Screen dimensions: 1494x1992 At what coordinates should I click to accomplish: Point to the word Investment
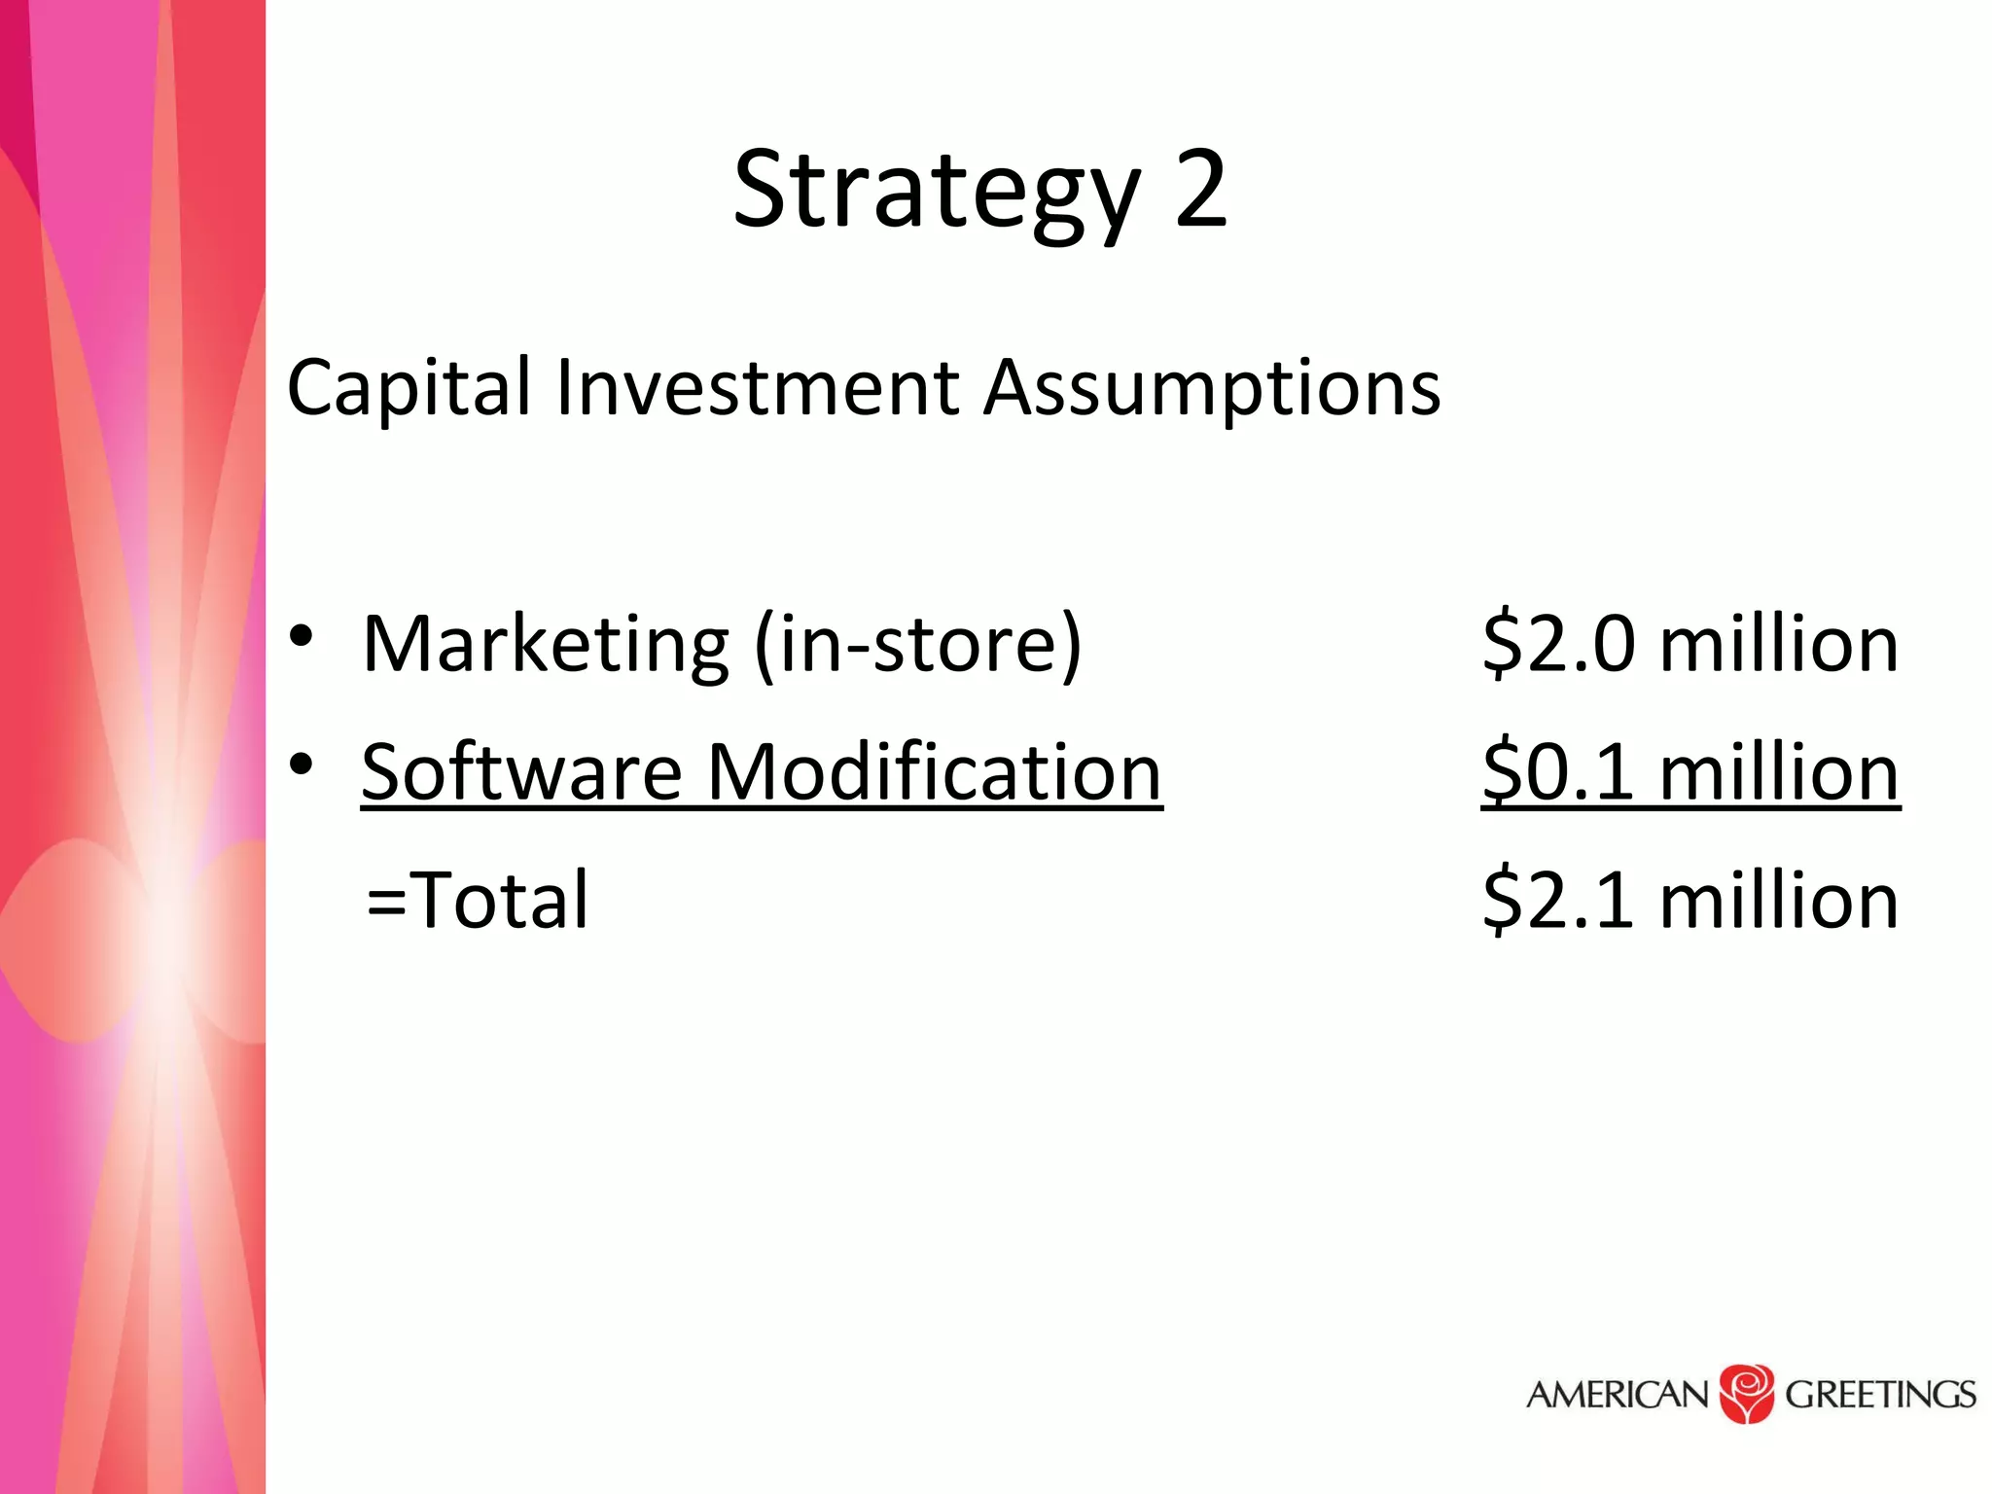758,388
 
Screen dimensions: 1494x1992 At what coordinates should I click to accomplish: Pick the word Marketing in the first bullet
546,644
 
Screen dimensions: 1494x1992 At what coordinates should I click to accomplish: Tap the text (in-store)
918,644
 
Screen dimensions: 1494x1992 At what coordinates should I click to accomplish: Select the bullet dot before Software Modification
302,765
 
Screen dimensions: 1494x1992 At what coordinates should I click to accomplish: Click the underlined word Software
522,772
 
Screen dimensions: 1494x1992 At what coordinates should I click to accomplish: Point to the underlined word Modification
935,772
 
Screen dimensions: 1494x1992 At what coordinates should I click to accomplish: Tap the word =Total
478,901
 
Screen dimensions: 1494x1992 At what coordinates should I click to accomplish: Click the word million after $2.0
1779,644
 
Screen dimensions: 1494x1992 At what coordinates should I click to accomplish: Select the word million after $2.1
1779,901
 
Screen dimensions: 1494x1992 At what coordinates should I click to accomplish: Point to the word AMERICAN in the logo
1618,1395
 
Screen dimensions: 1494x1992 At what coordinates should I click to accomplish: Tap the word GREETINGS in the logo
1880,1395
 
